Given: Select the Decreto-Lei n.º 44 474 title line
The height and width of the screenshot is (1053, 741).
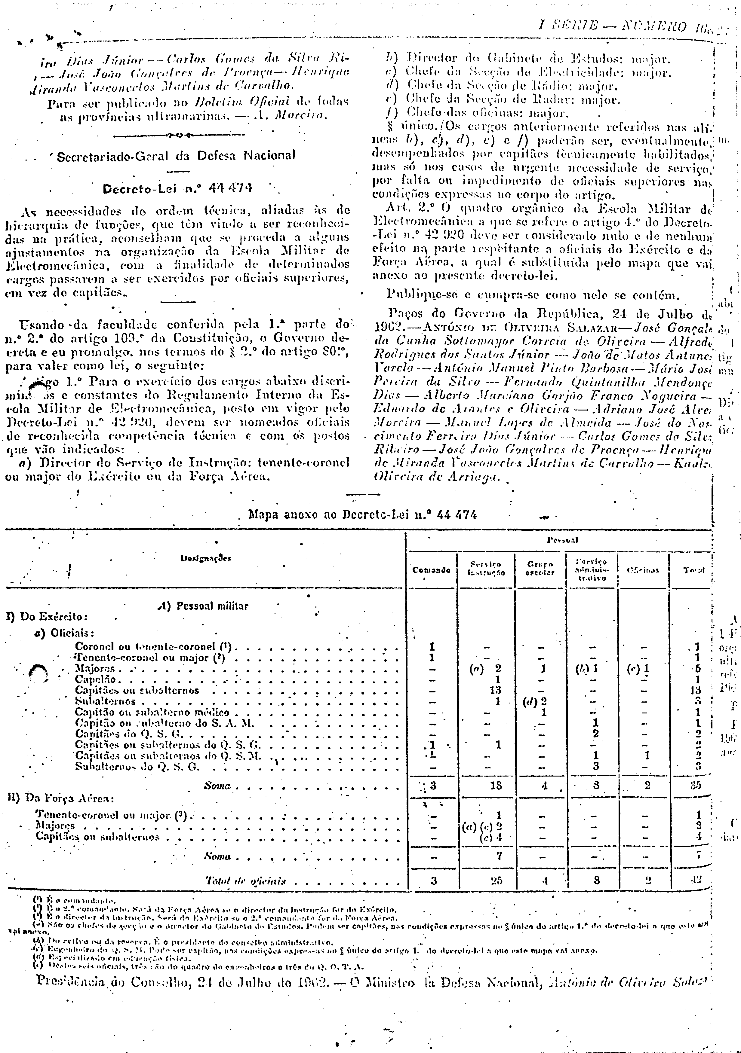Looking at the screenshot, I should click(177, 188).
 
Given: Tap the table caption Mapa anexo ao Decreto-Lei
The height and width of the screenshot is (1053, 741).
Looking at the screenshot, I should click(362, 514).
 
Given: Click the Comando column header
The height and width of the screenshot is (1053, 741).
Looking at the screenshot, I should click(431, 570).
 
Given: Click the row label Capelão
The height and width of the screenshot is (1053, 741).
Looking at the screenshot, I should click(98, 679).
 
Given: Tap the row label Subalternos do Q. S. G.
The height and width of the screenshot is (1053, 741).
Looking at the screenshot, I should click(137, 767).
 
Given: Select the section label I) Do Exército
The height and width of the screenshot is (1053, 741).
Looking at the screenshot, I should click(47, 617).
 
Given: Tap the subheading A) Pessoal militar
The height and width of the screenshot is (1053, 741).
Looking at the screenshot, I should click(202, 606).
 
